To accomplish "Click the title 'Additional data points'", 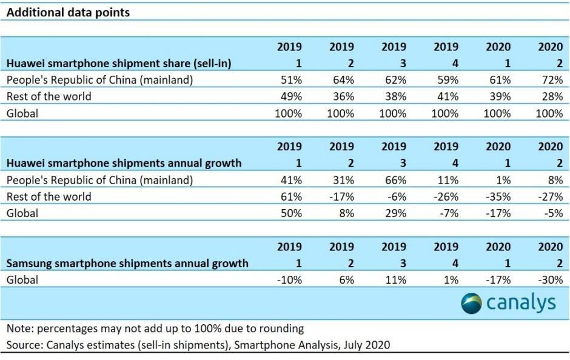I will coord(68,12).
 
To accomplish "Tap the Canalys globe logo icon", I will coord(471,303).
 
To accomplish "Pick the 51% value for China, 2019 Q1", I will coord(289,79).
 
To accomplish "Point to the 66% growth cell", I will coord(394,180).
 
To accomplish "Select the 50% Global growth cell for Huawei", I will coord(289,213).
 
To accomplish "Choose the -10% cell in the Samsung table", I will coord(288,280).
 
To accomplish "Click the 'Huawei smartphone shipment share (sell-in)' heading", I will coord(119,63).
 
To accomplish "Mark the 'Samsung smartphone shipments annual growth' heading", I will coord(127,264).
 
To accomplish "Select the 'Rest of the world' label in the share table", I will coord(49,96).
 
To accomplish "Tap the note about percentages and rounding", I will coord(155,328).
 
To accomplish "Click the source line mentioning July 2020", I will coord(198,345).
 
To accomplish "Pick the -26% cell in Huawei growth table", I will coord(446,196).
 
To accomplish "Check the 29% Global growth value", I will coord(394,213).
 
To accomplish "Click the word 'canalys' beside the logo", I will coord(520,303).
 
